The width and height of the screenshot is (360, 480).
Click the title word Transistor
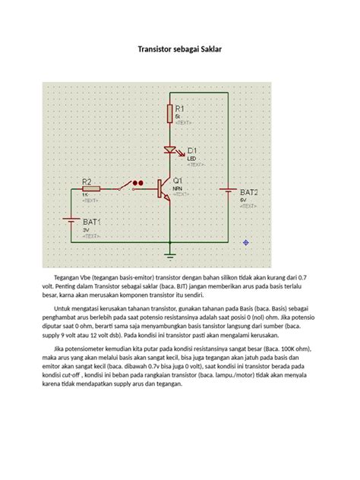point(155,49)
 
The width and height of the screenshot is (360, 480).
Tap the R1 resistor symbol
point(171,114)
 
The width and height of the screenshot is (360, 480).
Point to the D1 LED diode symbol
point(171,151)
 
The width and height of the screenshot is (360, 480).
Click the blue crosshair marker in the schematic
point(246,242)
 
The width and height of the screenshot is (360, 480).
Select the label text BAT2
point(249,193)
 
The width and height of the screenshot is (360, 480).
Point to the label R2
point(87,182)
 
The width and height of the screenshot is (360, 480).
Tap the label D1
point(192,150)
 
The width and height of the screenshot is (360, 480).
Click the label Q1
point(178,180)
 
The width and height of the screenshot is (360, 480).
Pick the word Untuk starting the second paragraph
point(62,310)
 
